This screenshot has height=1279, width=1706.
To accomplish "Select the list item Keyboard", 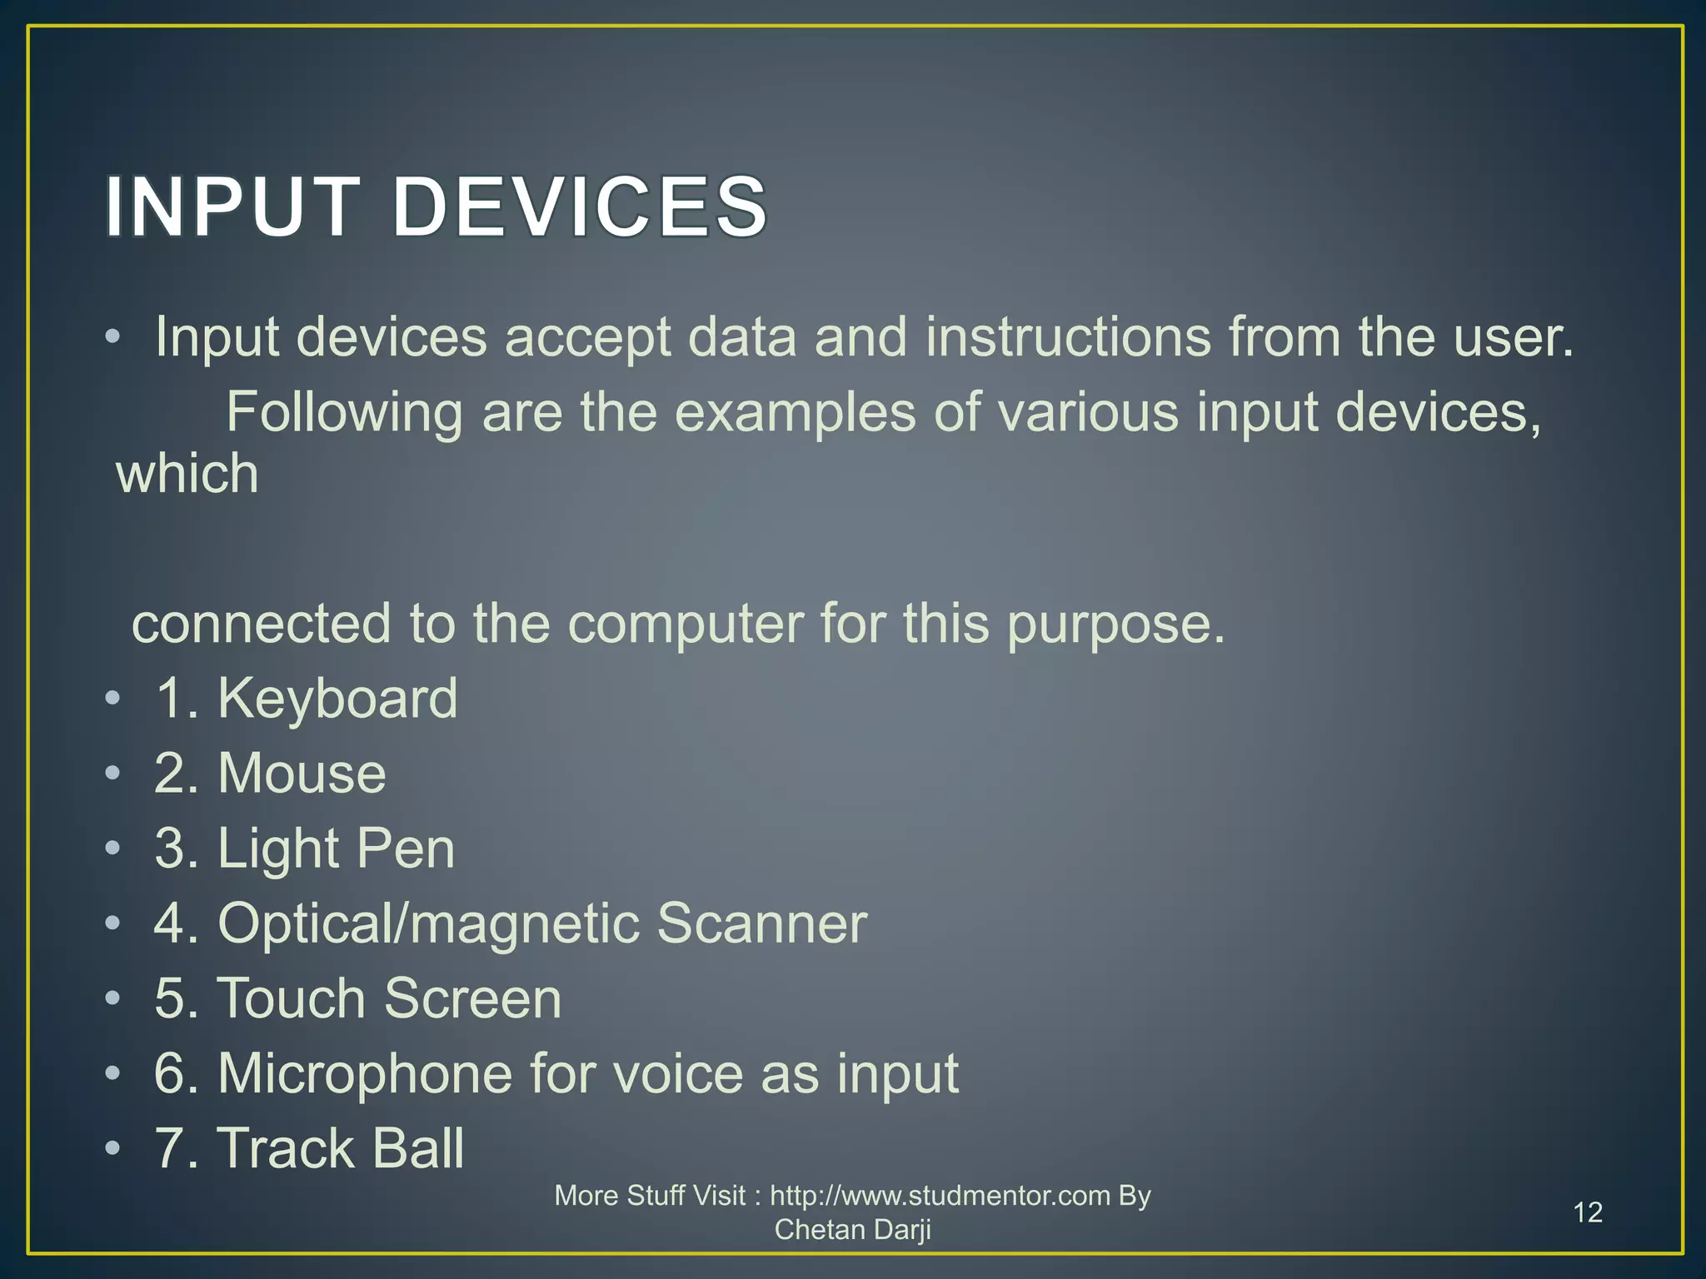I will coord(337,698).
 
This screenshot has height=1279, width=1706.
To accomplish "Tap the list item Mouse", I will coord(302,773).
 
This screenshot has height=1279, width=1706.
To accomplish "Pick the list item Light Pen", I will coord(336,849).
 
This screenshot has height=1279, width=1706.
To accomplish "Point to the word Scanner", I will coord(761,923).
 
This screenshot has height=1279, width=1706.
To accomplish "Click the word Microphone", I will coord(365,1073).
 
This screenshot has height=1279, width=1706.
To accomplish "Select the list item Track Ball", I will coord(340,1148).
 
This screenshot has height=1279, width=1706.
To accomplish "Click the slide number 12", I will coord(1588,1212).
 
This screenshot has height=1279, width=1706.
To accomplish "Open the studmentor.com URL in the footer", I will coord(940,1196).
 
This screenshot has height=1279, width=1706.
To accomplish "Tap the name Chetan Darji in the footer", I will coord(852,1230).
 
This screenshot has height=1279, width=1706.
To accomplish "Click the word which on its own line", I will coord(187,474).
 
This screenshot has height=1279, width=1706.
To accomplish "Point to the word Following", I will coord(344,413).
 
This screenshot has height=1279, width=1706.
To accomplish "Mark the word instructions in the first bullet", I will coord(1068,337).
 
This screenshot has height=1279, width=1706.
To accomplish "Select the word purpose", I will coord(1115,625).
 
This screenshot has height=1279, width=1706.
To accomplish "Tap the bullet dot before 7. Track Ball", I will coord(112,1148).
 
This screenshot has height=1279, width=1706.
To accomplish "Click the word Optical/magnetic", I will coord(427,924).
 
